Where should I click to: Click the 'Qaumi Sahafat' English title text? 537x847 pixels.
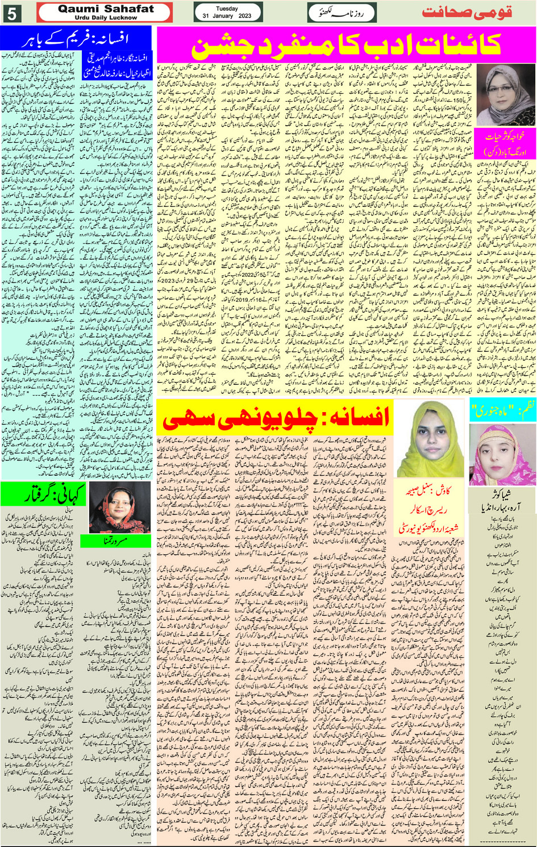(106, 9)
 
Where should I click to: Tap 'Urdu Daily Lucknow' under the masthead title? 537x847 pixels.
(106, 18)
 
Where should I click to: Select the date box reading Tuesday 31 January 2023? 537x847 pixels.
(227, 13)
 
